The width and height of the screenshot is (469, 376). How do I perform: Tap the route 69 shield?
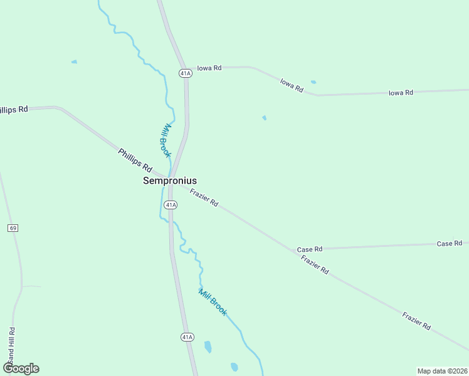13,227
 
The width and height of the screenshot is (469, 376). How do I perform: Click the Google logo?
21,368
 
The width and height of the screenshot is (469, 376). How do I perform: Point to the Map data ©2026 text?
442,371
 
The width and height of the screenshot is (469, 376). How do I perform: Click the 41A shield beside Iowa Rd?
185,73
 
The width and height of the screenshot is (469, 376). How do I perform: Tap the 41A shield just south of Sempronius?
171,205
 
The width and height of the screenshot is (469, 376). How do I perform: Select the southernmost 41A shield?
187,337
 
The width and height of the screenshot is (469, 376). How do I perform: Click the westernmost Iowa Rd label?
209,68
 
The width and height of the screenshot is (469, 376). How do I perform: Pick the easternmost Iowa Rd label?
401,93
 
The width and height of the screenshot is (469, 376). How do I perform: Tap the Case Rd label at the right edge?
449,243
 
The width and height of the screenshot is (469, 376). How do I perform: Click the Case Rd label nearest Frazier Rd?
310,249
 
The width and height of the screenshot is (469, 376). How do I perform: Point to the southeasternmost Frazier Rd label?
417,321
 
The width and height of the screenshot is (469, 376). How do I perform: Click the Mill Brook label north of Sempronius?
166,140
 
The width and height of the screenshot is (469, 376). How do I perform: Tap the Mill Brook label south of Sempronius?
213,301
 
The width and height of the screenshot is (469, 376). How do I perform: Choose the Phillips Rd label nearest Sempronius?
135,160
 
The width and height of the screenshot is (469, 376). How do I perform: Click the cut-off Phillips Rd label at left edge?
14,109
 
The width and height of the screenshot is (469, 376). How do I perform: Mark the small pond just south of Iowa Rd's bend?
314,82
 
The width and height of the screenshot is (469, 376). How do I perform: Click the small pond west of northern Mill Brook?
74,61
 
